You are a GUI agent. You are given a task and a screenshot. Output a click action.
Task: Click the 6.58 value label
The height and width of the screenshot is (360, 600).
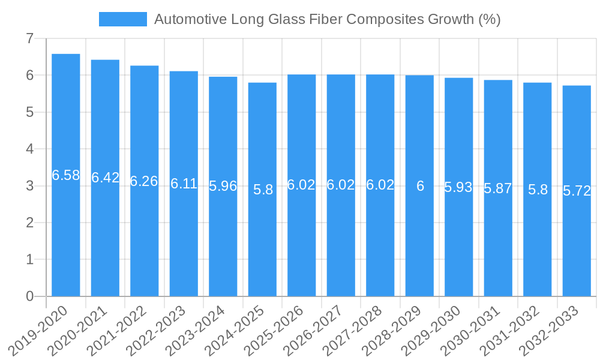(66, 175)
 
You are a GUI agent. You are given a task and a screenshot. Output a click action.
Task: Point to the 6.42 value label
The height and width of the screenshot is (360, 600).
(105, 178)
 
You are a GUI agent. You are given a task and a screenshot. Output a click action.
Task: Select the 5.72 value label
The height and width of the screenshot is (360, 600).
(577, 191)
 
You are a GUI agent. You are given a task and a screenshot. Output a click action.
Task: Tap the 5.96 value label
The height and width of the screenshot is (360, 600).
(223, 186)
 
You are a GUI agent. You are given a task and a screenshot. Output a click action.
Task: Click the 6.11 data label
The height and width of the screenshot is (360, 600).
(184, 184)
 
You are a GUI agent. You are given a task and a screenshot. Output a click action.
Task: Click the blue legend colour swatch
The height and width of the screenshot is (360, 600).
(122, 19)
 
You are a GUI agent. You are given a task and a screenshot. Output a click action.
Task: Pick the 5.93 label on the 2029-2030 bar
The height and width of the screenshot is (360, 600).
(458, 187)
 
